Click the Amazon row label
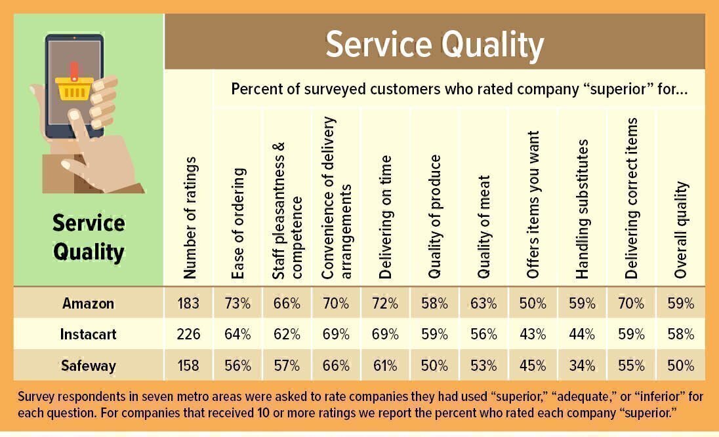pyautogui.click(x=89, y=303)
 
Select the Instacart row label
pyautogui.click(x=89, y=334)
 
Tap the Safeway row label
pyautogui.click(x=89, y=365)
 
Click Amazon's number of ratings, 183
pyautogui.click(x=188, y=303)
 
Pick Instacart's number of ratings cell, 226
pyautogui.click(x=188, y=334)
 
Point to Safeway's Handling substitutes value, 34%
pyautogui.click(x=582, y=365)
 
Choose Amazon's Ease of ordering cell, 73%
pyautogui.click(x=237, y=303)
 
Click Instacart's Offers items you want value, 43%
pyautogui.click(x=532, y=334)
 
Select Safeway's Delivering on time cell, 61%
pyautogui.click(x=385, y=365)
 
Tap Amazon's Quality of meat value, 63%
pyautogui.click(x=483, y=303)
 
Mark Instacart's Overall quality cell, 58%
pyautogui.click(x=680, y=334)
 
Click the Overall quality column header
pyautogui.click(x=681, y=229)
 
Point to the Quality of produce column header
pyautogui.click(x=434, y=216)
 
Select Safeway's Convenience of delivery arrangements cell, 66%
pyautogui.click(x=336, y=365)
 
